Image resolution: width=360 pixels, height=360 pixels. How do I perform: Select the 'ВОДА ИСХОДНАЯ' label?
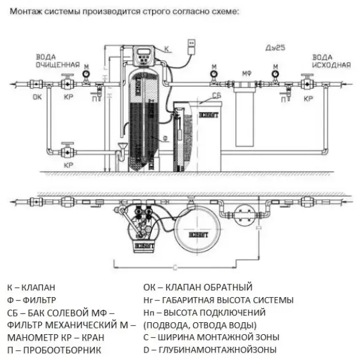[x=331, y=61]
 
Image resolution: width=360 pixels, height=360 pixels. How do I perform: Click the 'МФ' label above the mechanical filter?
[x=247, y=73]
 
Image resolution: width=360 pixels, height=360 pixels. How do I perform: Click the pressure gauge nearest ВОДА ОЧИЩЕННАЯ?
[x=86, y=73]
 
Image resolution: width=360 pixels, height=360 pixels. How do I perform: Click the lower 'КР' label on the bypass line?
[x=68, y=165]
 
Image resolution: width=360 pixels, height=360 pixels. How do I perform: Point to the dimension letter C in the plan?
[x=174, y=267]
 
